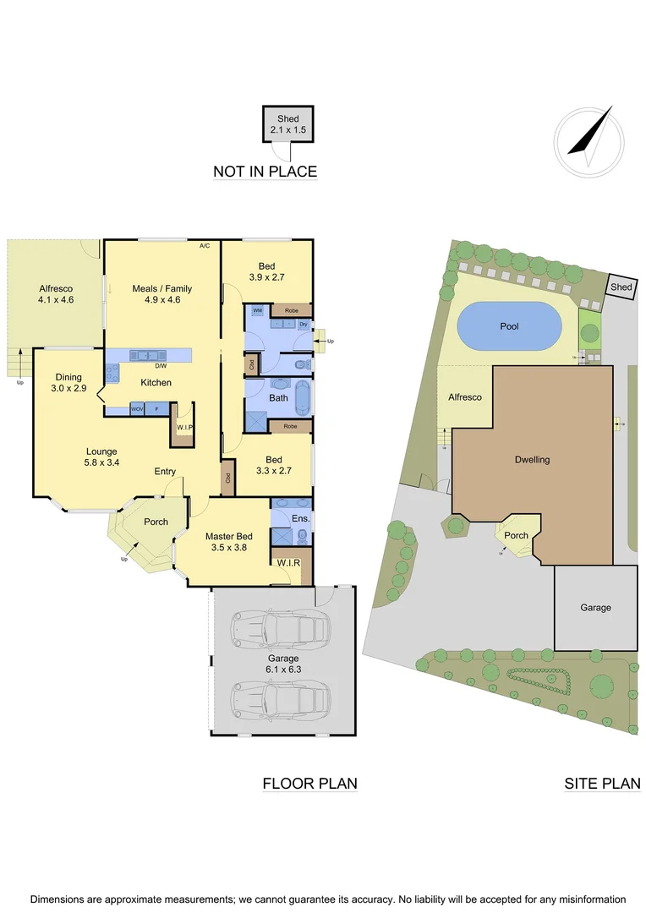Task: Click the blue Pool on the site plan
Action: tap(509, 325)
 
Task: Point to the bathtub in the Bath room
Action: tap(301, 397)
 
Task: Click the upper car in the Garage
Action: tap(284, 629)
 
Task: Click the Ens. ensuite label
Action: tap(300, 517)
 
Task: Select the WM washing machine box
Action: tap(257, 312)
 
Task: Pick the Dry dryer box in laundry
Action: tap(303, 324)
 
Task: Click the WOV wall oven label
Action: tap(137, 409)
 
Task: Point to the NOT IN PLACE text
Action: tap(265, 172)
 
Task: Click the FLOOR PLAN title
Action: tap(309, 784)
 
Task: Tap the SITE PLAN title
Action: tap(602, 784)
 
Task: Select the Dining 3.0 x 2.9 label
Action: tap(68, 382)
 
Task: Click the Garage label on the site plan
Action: tap(595, 607)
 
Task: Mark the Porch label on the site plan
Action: tap(516, 535)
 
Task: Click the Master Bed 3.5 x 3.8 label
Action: tap(228, 542)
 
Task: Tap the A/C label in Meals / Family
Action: tap(205, 247)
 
